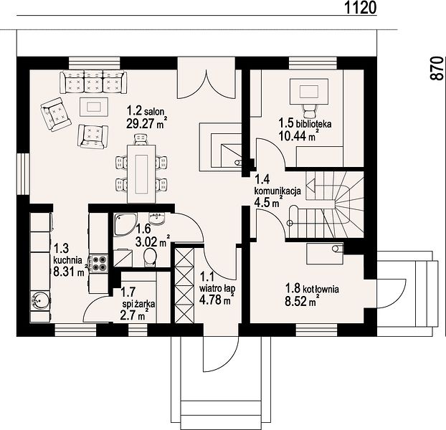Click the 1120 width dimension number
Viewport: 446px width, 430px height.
coord(361,8)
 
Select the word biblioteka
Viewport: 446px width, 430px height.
coord(314,124)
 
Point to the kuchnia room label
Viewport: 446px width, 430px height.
coord(68,259)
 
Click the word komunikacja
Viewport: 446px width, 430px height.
coord(277,191)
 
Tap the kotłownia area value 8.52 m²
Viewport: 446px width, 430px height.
coord(301,301)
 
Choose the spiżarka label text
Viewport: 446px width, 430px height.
coord(139,304)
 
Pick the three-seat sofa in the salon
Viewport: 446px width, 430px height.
coord(93,82)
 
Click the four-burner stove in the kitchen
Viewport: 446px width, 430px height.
coord(99,263)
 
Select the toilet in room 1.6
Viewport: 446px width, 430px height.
coord(149,257)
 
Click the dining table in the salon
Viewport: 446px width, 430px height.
coord(141,174)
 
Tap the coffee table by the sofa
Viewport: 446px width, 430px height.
coord(94,107)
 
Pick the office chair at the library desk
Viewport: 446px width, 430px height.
coord(308,110)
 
